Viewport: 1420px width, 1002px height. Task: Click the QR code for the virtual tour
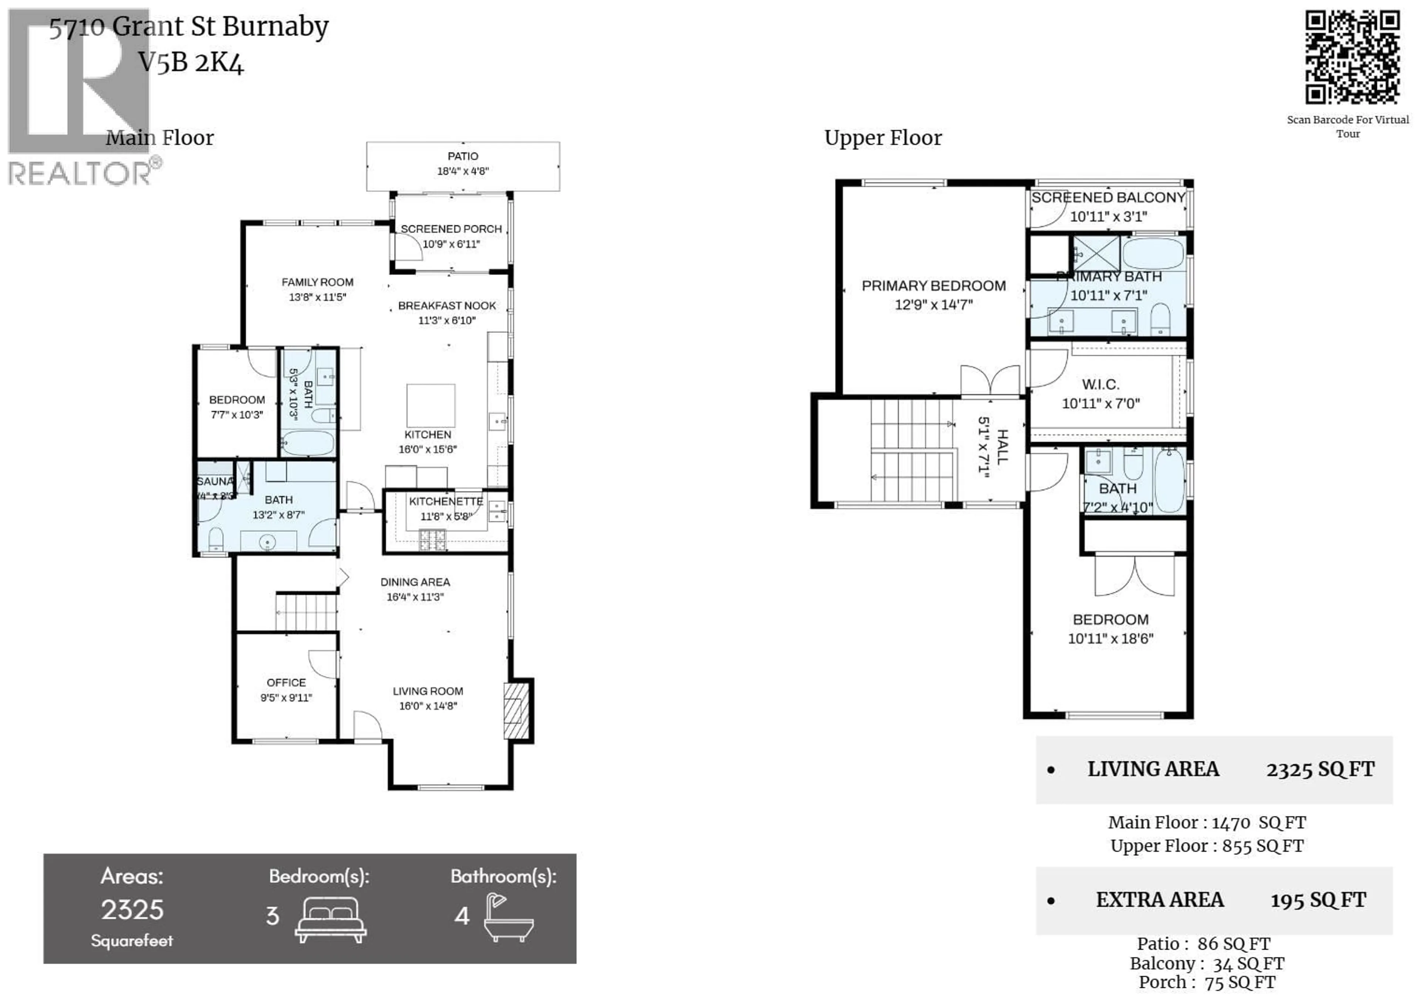(1353, 58)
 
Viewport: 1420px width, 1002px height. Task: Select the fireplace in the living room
(517, 711)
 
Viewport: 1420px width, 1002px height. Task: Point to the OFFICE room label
(286, 682)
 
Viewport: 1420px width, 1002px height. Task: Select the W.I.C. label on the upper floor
(1100, 384)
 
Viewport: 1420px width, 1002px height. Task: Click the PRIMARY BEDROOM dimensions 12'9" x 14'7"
(933, 305)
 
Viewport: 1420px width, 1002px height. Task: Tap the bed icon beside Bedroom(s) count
(331, 919)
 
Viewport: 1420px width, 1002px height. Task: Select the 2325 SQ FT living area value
(1320, 770)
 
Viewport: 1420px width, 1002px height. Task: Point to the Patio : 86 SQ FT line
(1203, 944)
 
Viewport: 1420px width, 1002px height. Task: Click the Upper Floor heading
(883, 138)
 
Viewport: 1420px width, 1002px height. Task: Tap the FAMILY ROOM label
(317, 282)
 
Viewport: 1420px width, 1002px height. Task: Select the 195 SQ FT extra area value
(1318, 901)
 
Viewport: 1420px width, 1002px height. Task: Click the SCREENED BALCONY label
(1108, 198)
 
